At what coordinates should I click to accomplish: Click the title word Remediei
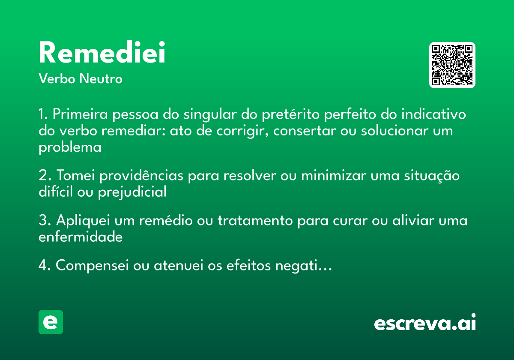point(102,54)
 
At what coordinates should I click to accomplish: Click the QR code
point(452,65)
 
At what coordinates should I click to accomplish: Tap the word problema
point(70,147)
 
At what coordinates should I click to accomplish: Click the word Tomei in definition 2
point(74,176)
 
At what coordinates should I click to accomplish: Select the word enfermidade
point(81,237)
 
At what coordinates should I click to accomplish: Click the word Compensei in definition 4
point(92,266)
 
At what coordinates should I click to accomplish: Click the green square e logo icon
point(51,322)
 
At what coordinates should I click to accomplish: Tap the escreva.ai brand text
point(425,323)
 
